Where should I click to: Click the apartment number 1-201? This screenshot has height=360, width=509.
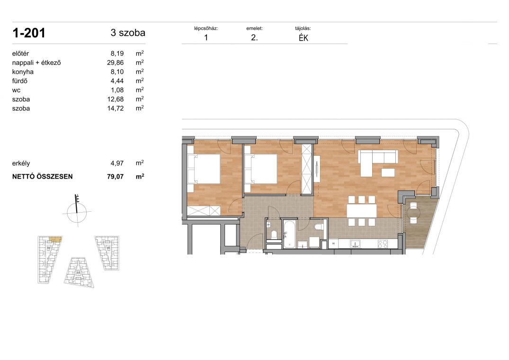coord(28,33)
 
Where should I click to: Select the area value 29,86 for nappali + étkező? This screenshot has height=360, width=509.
coord(115,63)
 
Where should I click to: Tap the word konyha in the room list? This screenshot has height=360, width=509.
coord(23,72)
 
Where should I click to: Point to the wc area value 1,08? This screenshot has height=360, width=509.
coord(117,90)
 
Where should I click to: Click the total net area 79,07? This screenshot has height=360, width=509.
coord(115,177)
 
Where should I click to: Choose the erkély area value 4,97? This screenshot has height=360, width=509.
coord(117,163)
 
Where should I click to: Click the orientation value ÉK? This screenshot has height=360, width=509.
coord(303,37)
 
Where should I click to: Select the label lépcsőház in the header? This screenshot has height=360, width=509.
coord(206,28)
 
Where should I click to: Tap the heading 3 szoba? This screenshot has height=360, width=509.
coord(128,33)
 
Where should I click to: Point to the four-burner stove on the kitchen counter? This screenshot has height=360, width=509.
coord(383,243)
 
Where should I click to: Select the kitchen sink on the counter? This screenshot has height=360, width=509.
coord(355,243)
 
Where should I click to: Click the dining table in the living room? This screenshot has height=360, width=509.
coord(362,211)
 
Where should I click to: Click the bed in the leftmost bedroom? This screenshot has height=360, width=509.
coord(204,169)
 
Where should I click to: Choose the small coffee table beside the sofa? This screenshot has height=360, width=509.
coord(388,172)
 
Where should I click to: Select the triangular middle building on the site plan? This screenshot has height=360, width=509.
coord(79,272)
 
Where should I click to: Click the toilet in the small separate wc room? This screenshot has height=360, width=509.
coord(274,234)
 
